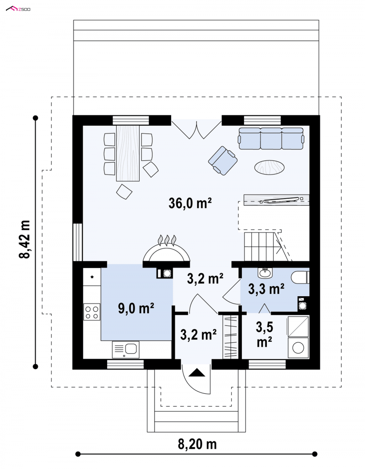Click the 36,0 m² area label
pyautogui.click(x=190, y=203)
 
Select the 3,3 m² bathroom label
pyautogui.click(x=266, y=289)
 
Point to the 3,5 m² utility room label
pyautogui.click(x=264, y=335)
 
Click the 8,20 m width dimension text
pyautogui.click(x=197, y=444)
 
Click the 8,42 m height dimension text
pyautogui.click(x=25, y=239)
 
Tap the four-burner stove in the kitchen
pyautogui.click(x=92, y=312)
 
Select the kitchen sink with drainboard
pyautogui.click(x=126, y=350)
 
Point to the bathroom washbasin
pyautogui.click(x=265, y=273)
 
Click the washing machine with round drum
pyautogui.click(x=298, y=348)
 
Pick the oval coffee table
pyautogui.click(x=269, y=167)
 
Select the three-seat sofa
pyautogui.click(x=271, y=138)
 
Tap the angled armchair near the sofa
pyautogui.click(x=223, y=160)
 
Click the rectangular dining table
pyautogui.click(x=128, y=153)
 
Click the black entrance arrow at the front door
pyautogui.click(x=197, y=372)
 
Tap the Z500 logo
pyautogui.click(x=18, y=9)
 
